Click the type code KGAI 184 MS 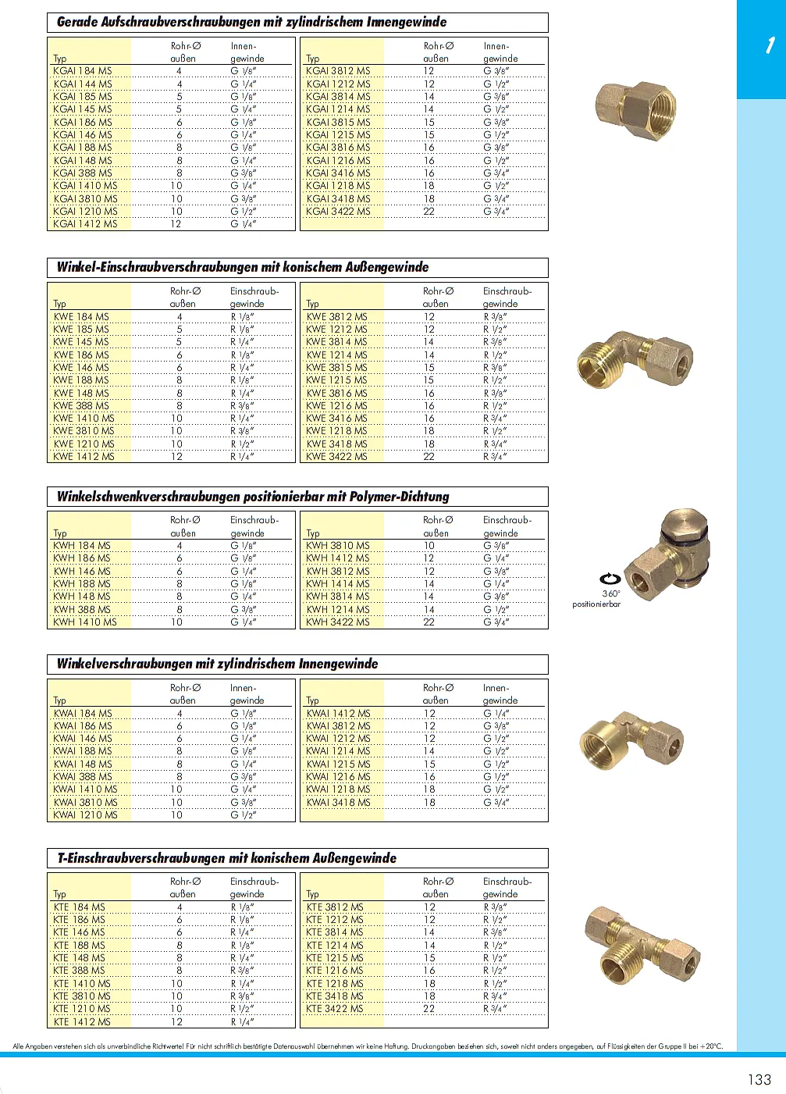[x=83, y=71]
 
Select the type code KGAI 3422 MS [x=338, y=211]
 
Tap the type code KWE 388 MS [x=81, y=406]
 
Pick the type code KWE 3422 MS [x=336, y=457]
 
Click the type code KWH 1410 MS [x=85, y=622]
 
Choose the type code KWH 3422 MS [x=338, y=622]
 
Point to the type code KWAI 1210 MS [x=85, y=815]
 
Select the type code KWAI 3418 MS [x=338, y=803]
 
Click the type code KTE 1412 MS [x=82, y=1022]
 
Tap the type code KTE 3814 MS [x=335, y=932]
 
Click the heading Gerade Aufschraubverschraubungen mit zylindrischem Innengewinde [x=251, y=22]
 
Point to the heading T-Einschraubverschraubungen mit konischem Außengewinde [x=226, y=858]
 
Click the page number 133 [x=759, y=1079]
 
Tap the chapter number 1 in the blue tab [x=770, y=45]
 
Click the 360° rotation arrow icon [x=610, y=579]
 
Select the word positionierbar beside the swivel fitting [x=596, y=604]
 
